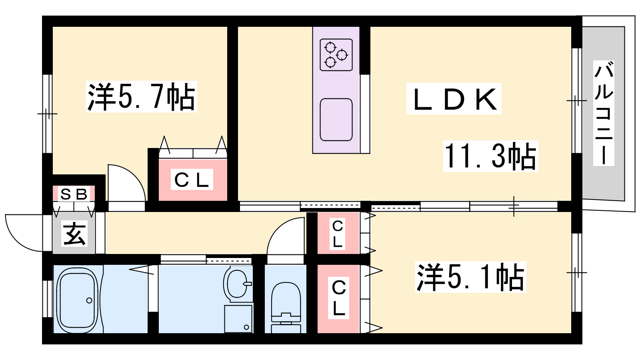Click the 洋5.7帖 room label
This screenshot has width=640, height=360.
coord(142,96)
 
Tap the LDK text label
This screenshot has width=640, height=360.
coord(454,99)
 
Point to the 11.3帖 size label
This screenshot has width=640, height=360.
coord(490,156)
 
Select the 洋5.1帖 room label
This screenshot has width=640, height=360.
coord(470,277)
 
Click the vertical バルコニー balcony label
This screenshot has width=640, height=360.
coord(604,113)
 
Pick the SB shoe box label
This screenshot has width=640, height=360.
coord(74,194)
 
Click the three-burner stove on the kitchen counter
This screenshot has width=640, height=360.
coord(336,55)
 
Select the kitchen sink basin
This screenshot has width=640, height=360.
coord(336,120)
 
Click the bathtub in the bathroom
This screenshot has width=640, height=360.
coord(78,299)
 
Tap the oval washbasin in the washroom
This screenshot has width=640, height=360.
coord(237,283)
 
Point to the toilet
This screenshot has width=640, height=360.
coord(286,308)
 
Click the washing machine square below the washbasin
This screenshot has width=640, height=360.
coord(238,319)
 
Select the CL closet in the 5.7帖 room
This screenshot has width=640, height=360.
coord(193,180)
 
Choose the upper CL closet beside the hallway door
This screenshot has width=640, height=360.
coord(338,233)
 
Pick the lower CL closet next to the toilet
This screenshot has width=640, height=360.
coord(338,299)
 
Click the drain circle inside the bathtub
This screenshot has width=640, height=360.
coord(89,300)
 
